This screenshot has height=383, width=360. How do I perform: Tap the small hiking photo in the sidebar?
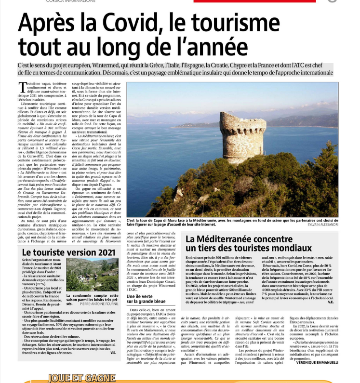(92, 275)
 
